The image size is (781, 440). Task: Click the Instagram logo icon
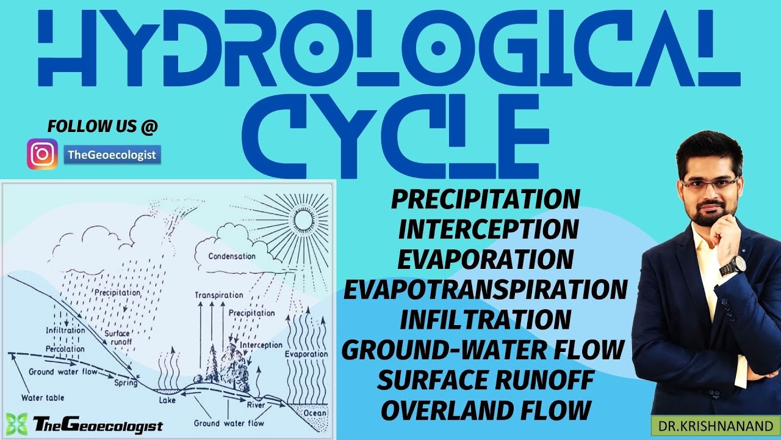point(42,154)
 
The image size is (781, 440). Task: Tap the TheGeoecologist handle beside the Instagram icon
point(112,155)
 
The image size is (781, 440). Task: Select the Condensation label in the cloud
point(232,256)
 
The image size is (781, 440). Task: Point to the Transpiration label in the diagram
point(218,295)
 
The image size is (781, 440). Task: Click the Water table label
point(38,398)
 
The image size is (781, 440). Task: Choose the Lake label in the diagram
point(167,400)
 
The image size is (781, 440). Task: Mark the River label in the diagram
point(254,405)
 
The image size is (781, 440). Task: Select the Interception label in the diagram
point(261,345)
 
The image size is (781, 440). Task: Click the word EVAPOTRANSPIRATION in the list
point(485,289)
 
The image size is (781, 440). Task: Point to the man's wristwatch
point(732,266)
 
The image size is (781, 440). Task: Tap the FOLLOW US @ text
point(103,127)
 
